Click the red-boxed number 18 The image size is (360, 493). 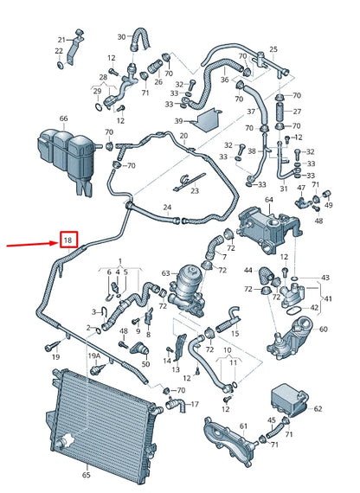[68, 240]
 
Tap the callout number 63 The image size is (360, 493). [166, 273]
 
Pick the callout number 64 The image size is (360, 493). [269, 200]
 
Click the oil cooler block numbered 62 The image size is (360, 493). [288, 400]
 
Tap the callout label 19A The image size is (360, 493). [94, 355]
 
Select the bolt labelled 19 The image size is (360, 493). [52, 346]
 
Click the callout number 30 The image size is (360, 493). [121, 37]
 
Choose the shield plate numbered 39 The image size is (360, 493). [209, 120]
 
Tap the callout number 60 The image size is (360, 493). [323, 330]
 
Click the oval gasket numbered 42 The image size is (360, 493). [294, 311]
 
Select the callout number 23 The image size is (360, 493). [195, 190]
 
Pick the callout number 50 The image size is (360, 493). [145, 364]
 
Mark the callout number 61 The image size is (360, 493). [243, 426]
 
